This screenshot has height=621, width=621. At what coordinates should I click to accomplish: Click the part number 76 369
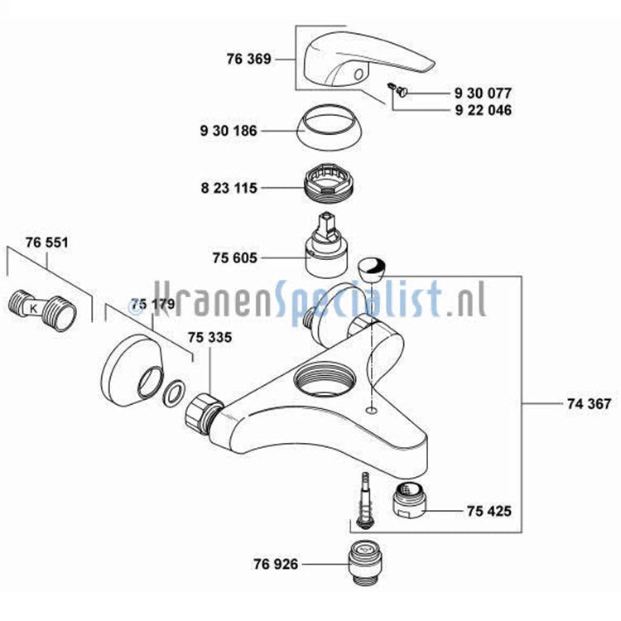[x=248, y=59]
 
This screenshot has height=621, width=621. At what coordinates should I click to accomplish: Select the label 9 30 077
[x=483, y=93]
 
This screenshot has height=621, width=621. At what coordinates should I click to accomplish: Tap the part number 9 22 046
[x=484, y=110]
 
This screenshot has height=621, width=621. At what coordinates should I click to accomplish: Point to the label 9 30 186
[x=229, y=131]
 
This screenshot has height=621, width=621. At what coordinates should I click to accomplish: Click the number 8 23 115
[x=229, y=188]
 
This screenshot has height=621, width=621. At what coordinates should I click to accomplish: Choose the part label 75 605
[x=235, y=258]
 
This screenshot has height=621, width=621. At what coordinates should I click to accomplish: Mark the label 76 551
[x=46, y=243]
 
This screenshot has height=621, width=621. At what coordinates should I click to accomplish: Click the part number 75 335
[x=210, y=338]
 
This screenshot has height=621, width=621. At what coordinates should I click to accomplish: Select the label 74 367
[x=589, y=403]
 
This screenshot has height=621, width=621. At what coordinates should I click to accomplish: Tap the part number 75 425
[x=489, y=511]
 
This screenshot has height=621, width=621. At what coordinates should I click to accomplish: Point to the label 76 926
[x=276, y=564]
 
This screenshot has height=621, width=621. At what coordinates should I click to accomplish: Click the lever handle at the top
[x=369, y=59]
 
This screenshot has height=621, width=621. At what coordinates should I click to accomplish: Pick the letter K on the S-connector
[x=34, y=308]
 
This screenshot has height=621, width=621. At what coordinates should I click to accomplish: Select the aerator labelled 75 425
[x=409, y=500]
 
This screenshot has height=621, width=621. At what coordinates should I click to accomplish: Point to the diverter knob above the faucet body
[x=372, y=269]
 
